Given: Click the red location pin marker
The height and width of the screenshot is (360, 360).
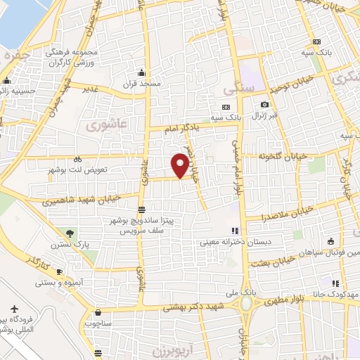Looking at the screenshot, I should click(180, 166).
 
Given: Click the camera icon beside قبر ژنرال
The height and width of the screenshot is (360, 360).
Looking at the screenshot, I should click(264, 105).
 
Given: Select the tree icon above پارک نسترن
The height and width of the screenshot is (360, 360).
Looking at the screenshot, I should click(69, 233).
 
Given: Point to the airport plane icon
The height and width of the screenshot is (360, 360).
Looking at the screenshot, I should click(15, 309).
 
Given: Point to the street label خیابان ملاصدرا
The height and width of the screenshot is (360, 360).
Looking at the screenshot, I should click(289, 211).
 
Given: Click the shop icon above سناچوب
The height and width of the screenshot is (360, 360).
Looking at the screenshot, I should click(96, 312).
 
